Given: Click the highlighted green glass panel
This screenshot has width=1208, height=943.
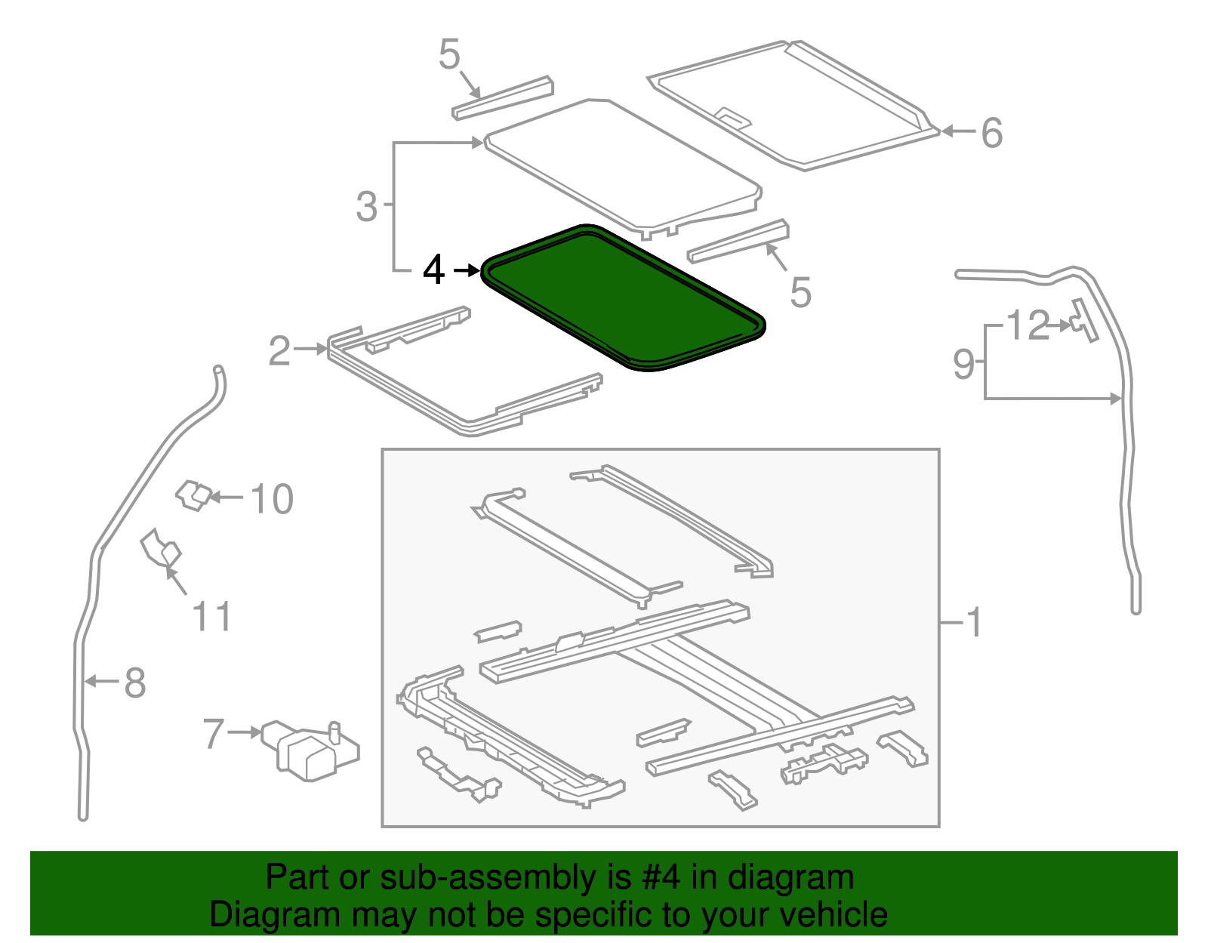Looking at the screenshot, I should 623,298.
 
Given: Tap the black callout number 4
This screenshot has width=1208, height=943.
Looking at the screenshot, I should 433,270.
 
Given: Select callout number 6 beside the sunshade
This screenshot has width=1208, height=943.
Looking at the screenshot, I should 991,133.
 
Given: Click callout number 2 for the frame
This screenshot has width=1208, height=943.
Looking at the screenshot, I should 279,351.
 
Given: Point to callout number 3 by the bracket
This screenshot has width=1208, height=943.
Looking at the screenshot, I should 366,206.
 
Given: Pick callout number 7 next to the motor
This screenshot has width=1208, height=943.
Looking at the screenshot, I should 214,734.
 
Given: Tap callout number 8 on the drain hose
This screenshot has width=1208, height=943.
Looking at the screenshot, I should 134,683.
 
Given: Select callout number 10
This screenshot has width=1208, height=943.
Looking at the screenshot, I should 271,500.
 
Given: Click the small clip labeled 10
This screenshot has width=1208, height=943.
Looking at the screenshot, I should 193,495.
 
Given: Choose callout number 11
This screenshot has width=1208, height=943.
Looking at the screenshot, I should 211,617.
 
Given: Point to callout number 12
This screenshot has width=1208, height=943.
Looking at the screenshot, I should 1028,325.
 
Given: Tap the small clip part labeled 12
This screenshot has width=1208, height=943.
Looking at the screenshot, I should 1083,321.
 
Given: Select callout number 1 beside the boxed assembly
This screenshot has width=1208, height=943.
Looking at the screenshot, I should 975,623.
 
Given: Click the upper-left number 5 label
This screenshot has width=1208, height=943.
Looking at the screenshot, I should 448,55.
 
